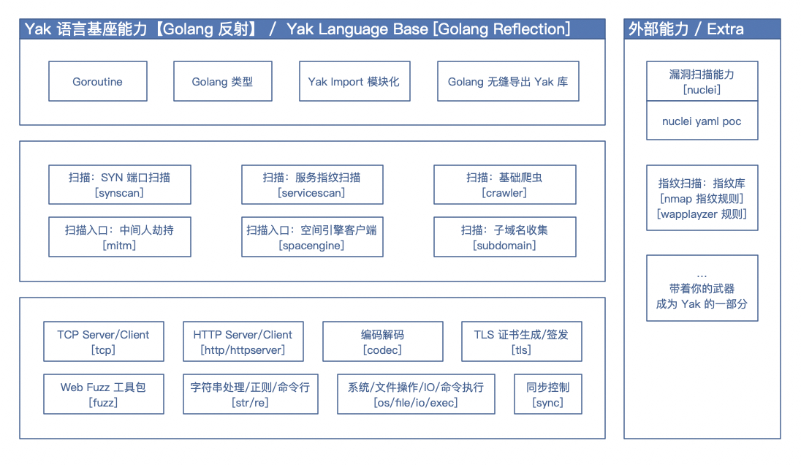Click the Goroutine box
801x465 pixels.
tap(98, 81)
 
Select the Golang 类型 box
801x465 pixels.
tap(223, 81)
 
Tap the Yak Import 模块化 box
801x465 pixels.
tap(354, 81)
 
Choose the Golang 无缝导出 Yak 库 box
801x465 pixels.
tap(508, 81)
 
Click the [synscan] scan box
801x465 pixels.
tap(120, 184)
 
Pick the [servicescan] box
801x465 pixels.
tap(312, 184)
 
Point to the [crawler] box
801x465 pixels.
tap(505, 184)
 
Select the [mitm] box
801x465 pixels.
tap(120, 237)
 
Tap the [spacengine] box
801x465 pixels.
tap(312, 237)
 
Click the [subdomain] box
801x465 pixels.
tap(505, 237)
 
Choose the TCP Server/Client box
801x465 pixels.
tap(104, 341)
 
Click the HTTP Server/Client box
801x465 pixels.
tap(243, 341)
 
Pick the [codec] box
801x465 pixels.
tap(383, 341)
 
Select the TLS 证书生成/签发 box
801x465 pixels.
tap(522, 341)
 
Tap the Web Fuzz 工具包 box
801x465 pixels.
tap(104, 394)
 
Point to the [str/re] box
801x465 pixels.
tap(250, 394)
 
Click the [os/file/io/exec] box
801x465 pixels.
tap(416, 394)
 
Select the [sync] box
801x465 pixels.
tap(547, 394)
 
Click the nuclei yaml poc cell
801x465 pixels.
tap(702, 121)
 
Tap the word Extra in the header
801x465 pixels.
tap(726, 29)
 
